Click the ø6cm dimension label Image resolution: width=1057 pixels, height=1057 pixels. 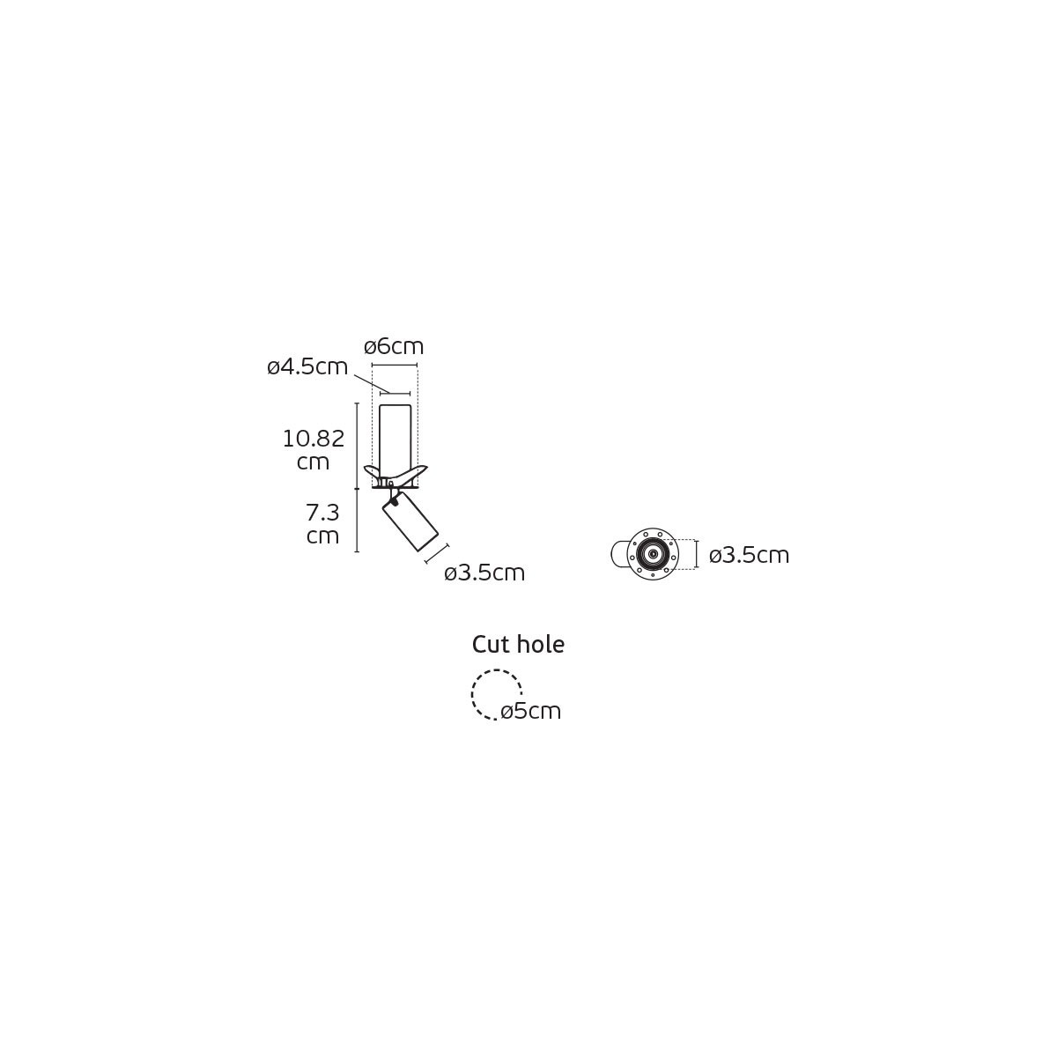pos(394,347)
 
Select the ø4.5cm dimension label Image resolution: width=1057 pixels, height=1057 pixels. pos(307,367)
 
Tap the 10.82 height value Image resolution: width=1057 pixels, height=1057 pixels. pos(314,439)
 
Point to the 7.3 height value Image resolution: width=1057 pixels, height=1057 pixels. pos(322,513)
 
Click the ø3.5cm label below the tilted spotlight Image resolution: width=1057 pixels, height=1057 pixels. pos(484,573)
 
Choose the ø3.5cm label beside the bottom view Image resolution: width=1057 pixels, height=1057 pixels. pos(749,555)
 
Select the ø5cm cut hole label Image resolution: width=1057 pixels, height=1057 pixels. pos(531,712)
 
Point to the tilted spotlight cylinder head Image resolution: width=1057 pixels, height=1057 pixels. pos(410,521)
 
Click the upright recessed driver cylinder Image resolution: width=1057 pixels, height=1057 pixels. pos(395,441)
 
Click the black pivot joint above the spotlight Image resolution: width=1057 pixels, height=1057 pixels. pos(394,500)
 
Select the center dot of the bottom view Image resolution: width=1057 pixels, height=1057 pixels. pos(653,554)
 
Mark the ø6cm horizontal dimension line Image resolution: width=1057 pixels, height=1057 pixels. pos(395,365)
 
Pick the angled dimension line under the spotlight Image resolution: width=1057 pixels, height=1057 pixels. pos(437,554)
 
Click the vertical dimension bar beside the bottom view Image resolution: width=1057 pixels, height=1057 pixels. pos(697,554)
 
